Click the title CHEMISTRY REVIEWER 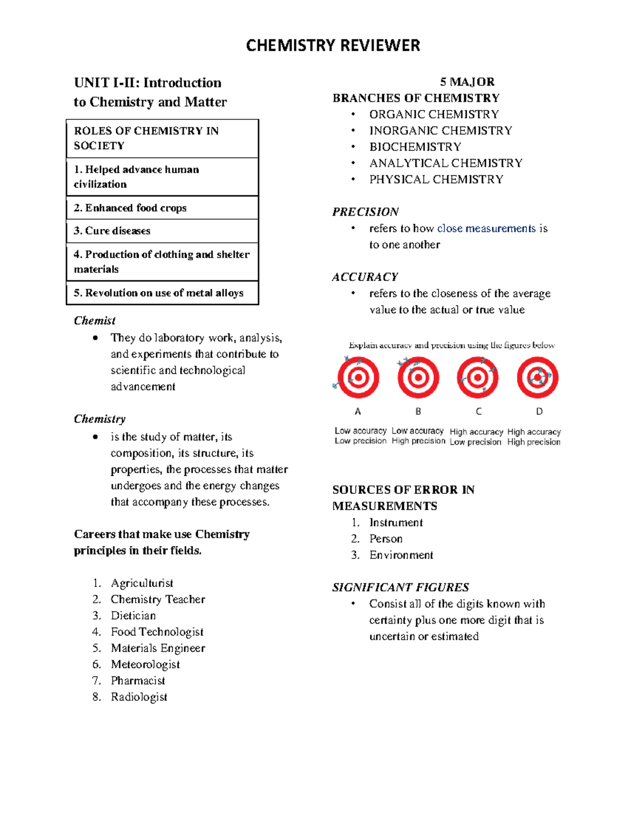tap(333, 46)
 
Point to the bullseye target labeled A tap(358, 377)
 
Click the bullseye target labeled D tap(537, 377)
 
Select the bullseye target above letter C tap(477, 377)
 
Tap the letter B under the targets tap(418, 411)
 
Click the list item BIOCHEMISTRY tap(415, 147)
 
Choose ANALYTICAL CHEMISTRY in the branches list tap(445, 163)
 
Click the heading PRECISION tap(365, 212)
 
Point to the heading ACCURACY tap(365, 277)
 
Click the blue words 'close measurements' tap(486, 229)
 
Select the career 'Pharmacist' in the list tap(138, 681)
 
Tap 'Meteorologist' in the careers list tap(145, 664)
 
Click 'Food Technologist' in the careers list tap(157, 632)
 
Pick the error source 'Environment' tap(401, 555)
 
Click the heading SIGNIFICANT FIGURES tap(400, 587)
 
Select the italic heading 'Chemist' tap(95, 321)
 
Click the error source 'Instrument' tap(396, 522)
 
